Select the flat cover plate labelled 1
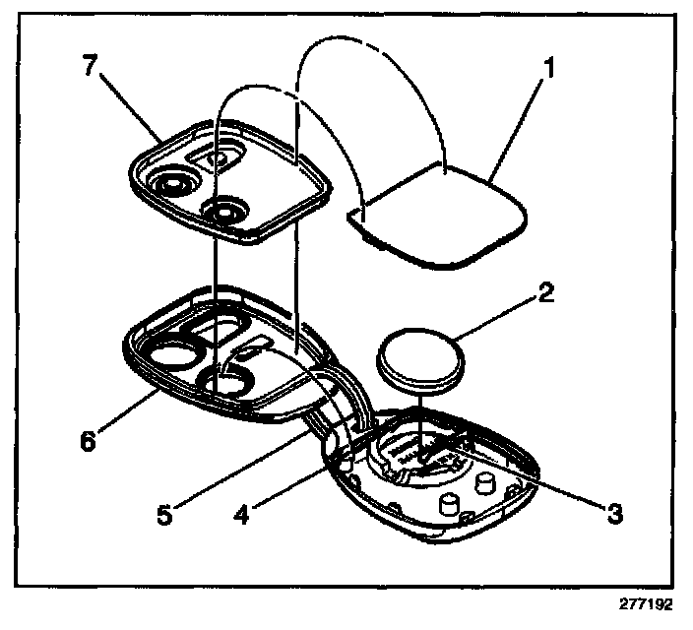coord(440,212)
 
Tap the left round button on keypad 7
coord(173,183)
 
